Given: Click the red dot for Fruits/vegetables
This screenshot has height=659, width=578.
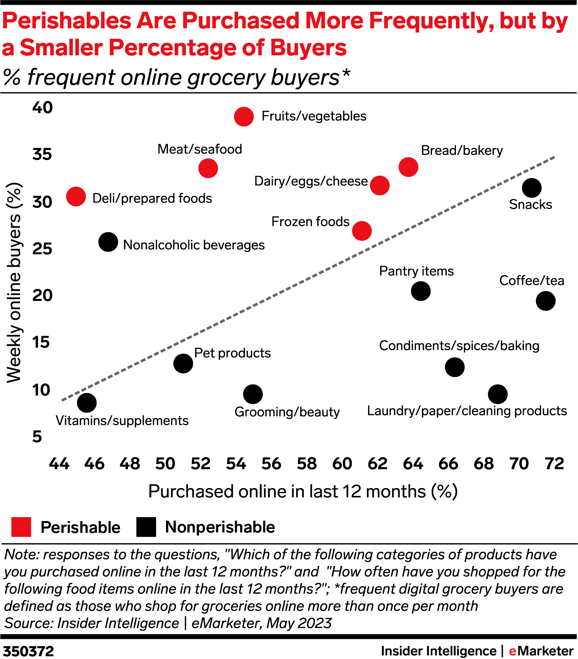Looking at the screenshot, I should point(244,116).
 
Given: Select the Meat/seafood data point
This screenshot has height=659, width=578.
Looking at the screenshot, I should point(208,168).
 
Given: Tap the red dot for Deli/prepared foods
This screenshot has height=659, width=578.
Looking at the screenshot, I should point(76,196).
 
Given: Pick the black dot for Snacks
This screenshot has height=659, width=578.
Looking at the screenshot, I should point(531,188).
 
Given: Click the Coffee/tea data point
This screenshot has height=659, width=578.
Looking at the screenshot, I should point(545,301).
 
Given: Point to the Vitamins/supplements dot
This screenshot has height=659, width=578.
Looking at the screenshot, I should point(87,403).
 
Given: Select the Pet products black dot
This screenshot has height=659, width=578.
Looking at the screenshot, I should point(183,363).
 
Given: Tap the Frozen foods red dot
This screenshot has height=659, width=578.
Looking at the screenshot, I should point(361,231).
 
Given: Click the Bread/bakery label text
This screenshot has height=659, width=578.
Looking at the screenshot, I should point(461,151).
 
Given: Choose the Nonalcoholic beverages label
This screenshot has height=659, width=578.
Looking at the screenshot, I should point(194,245).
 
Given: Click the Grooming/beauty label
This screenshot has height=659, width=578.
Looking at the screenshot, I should point(287,412).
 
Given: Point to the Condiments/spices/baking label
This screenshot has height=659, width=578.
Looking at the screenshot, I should point(459,346).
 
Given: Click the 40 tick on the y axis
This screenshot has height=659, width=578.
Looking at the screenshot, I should point(42,107).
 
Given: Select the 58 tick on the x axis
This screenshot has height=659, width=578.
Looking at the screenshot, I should point(306,464).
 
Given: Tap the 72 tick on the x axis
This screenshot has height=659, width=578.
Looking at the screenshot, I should point(554,464).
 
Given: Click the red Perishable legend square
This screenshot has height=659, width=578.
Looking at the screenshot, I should point(21,527).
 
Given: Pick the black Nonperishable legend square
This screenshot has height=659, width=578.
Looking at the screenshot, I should point(146,527).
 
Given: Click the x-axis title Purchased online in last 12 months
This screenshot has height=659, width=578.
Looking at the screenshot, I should point(303,492).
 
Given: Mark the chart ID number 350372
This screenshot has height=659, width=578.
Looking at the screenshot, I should point(28,651).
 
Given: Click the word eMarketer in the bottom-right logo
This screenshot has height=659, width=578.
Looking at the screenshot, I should point(541,651).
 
